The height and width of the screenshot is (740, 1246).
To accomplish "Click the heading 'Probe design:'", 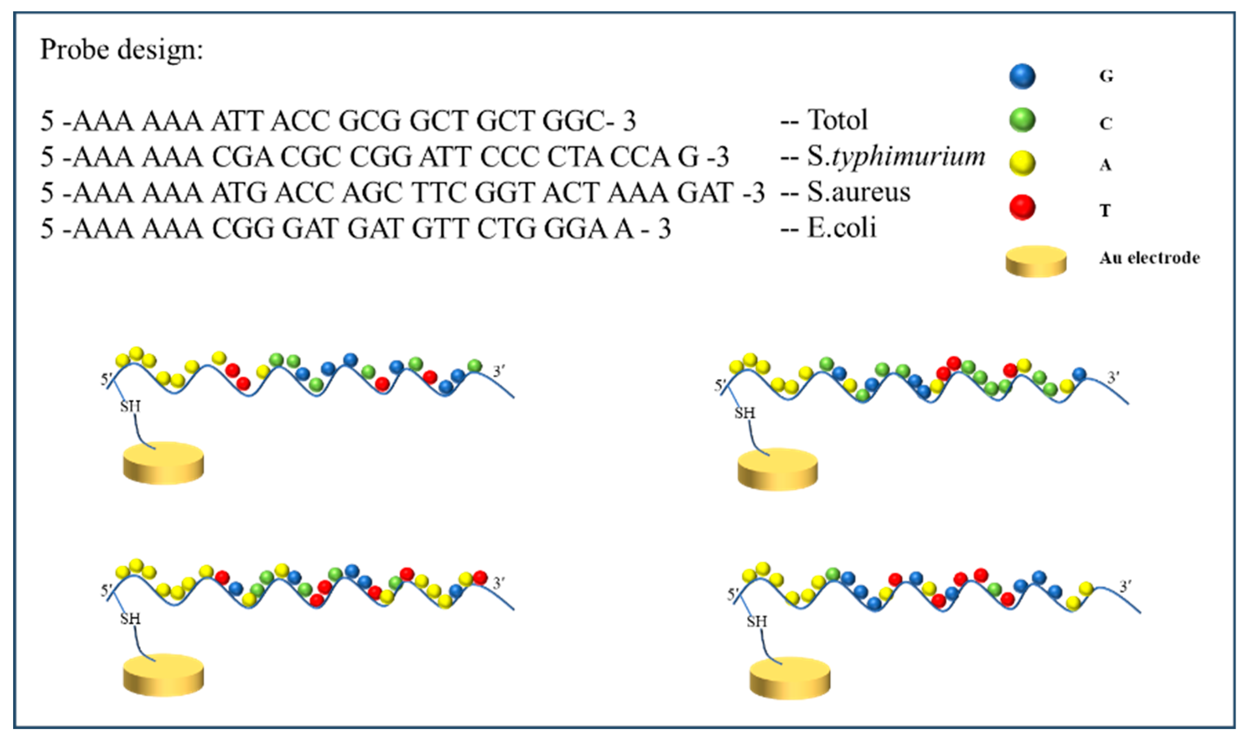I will coord(122,50).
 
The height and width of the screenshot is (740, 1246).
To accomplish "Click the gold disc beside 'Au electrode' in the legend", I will coord(1036,261).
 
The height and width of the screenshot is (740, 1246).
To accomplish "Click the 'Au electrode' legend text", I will coord(1149,258).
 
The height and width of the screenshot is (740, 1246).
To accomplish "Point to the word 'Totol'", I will coord(837,120).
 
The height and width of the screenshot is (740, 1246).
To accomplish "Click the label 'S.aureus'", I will coord(858,192).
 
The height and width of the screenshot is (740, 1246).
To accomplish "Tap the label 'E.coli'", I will coord(841,228).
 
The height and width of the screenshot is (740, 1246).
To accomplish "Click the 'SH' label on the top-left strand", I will coord(130,406).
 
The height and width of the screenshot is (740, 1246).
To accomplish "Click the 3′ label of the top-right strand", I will coord(1113,377).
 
